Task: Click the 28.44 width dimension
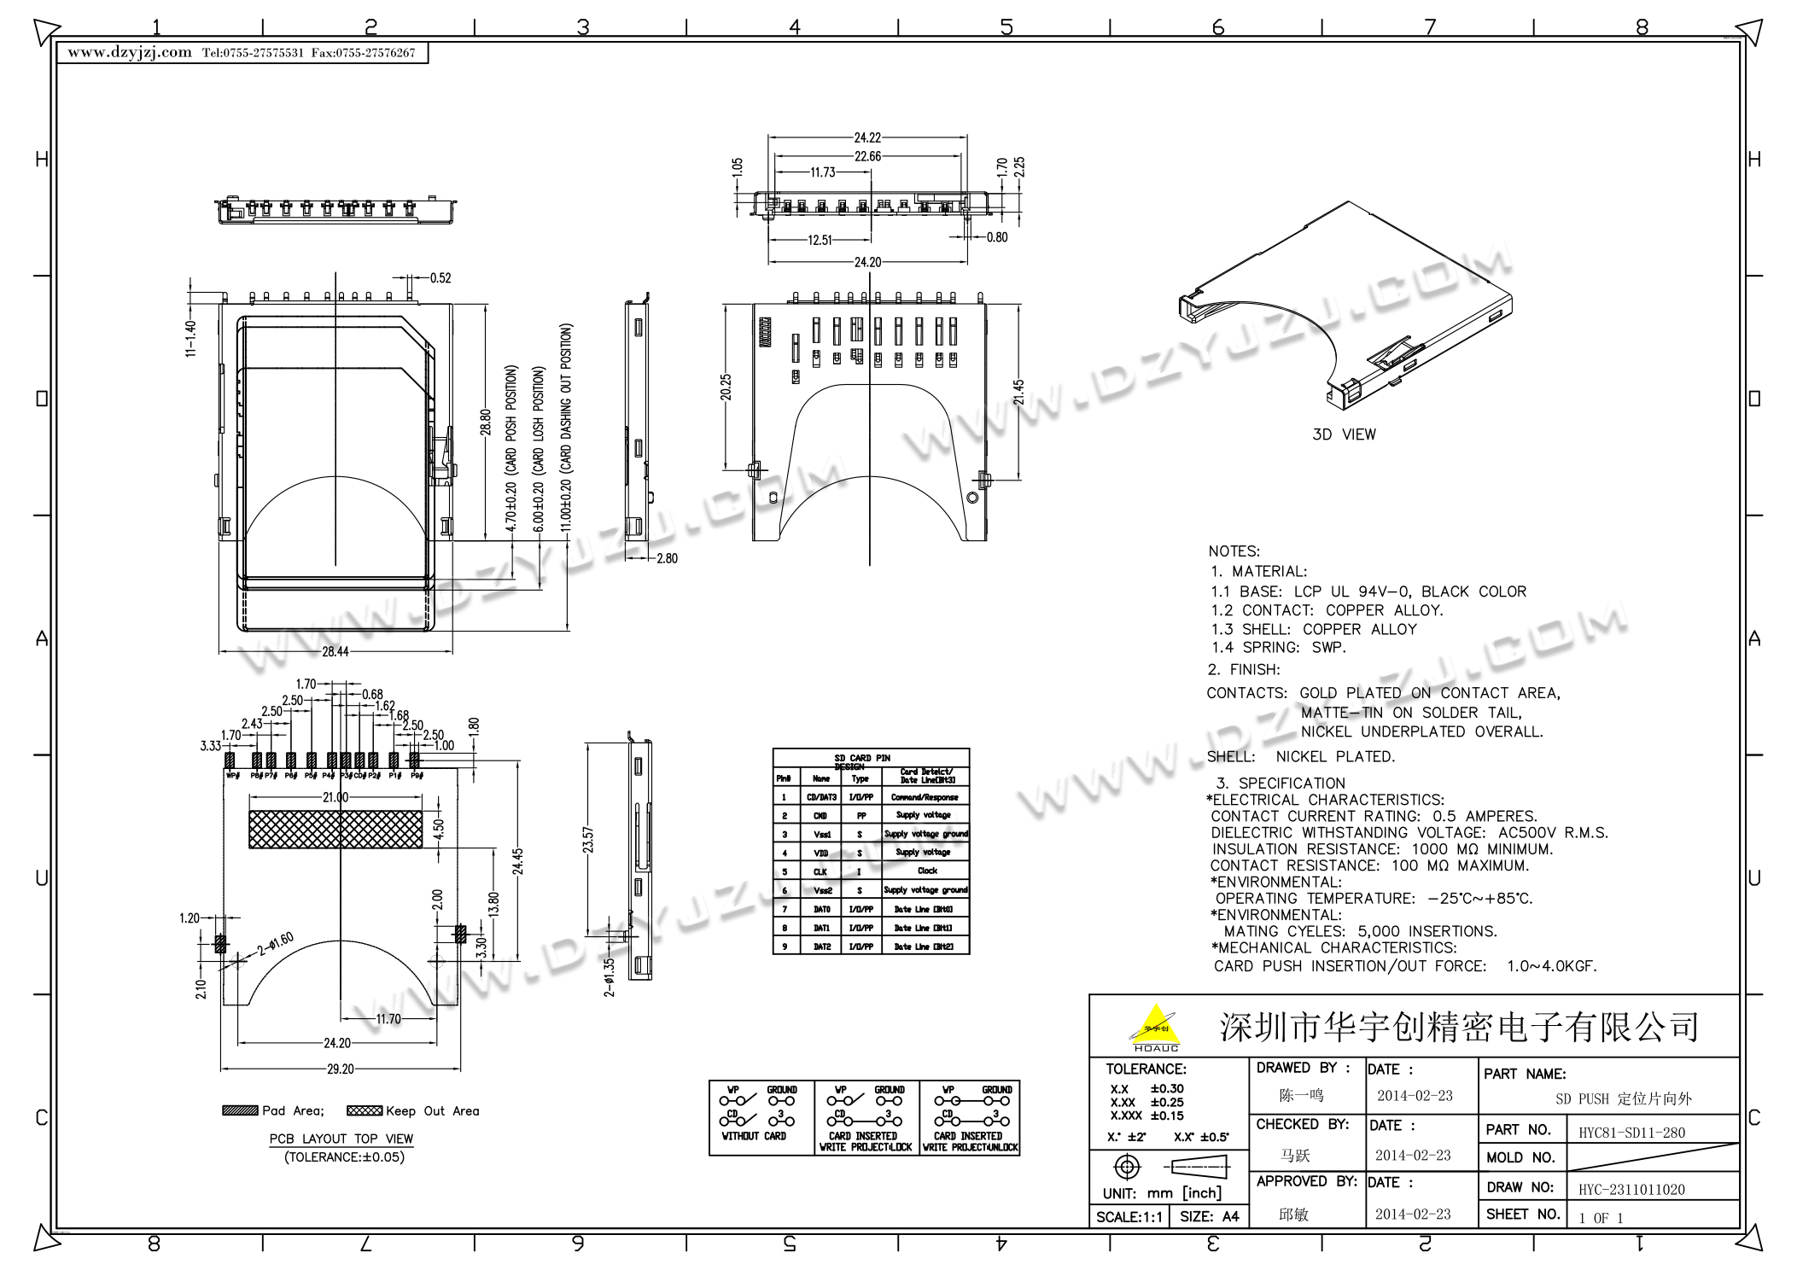(335, 652)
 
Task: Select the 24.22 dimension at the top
(867, 137)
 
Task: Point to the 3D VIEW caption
(1344, 434)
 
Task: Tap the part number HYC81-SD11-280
(1631, 1133)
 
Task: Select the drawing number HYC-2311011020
(1631, 1190)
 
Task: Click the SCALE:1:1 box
(1129, 1217)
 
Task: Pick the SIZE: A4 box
(1209, 1217)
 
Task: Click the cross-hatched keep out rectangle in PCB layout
(335, 830)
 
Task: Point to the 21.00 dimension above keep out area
(335, 797)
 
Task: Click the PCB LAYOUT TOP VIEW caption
(341, 1139)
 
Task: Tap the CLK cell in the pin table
(820, 871)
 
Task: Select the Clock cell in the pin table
(927, 871)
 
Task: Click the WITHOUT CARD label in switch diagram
(754, 1137)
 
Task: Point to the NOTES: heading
(1234, 551)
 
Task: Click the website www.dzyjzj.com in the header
(130, 53)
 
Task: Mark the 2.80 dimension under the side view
(667, 558)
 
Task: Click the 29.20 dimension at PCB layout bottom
(340, 1069)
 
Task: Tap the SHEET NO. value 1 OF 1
(1601, 1218)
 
